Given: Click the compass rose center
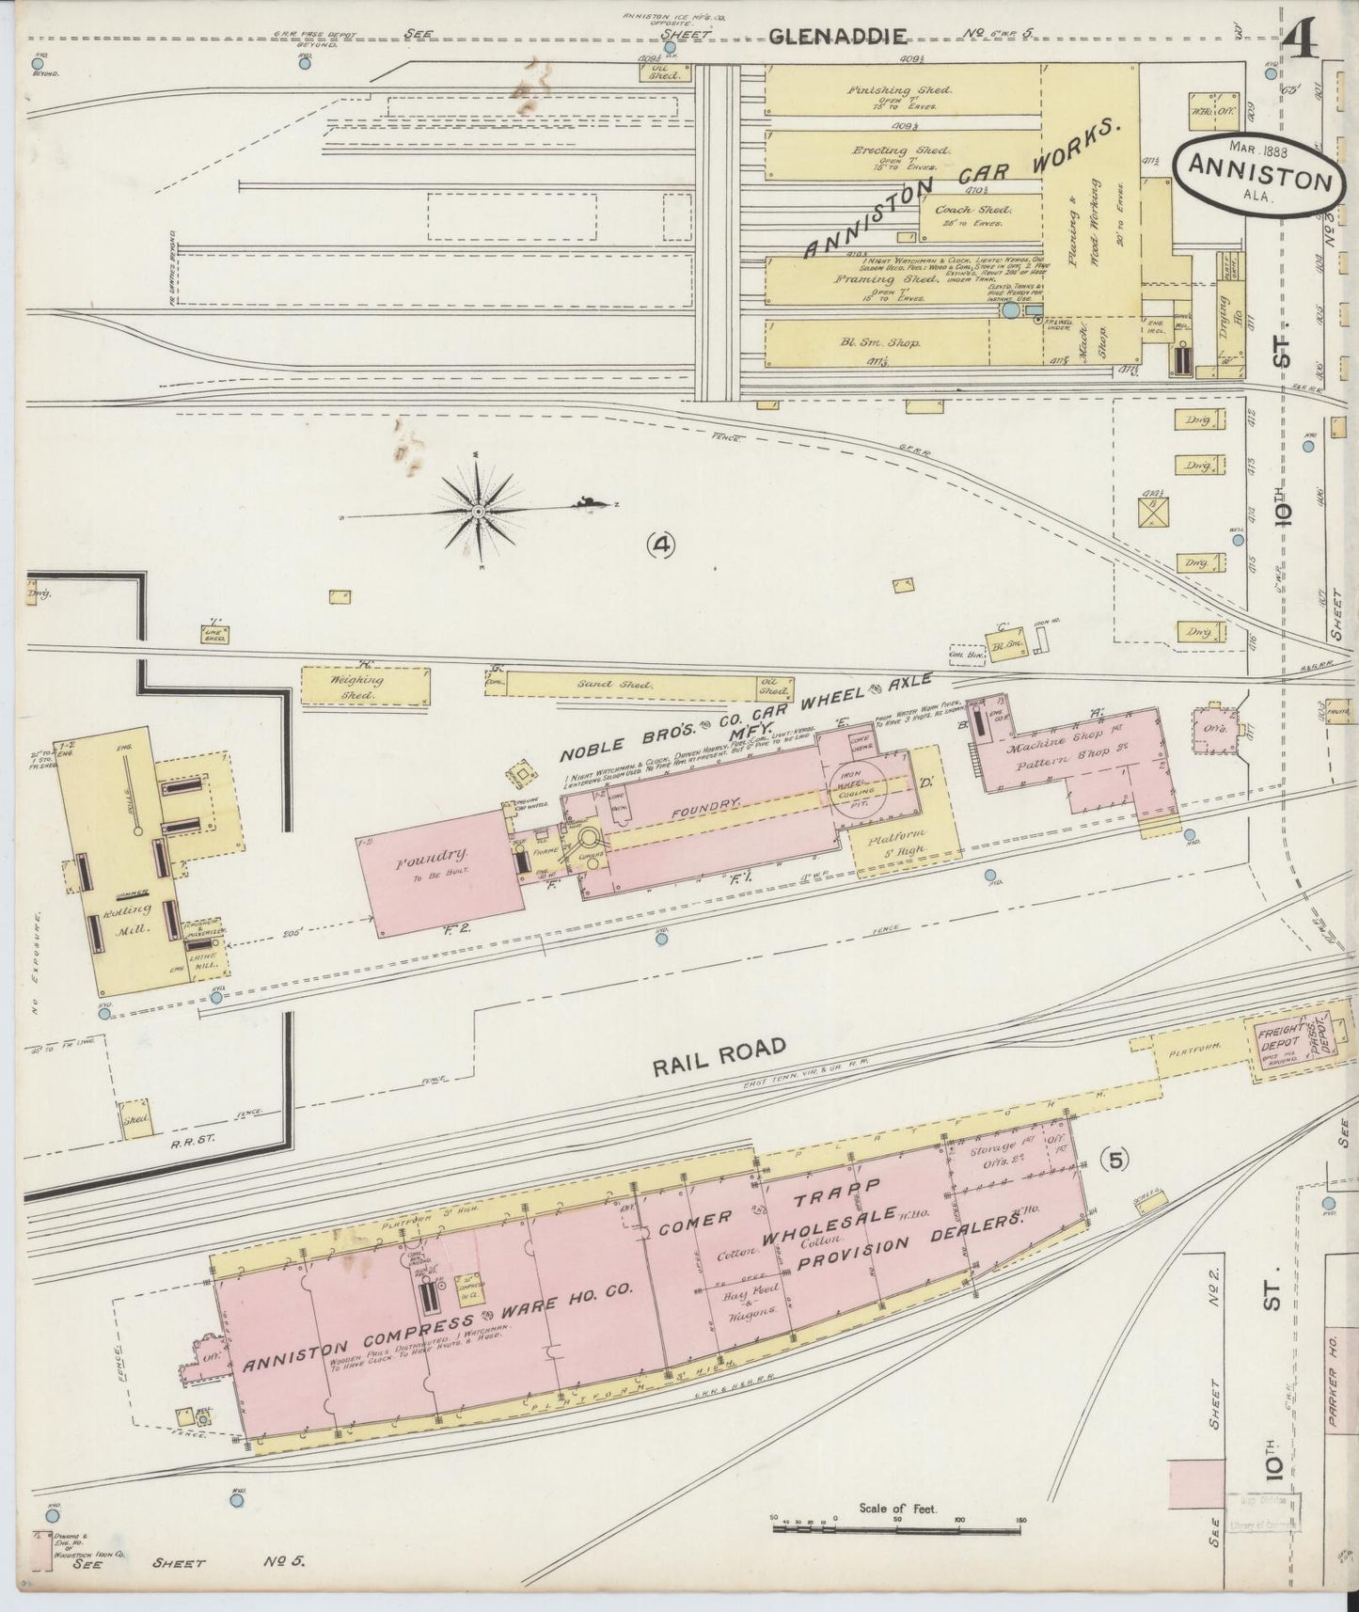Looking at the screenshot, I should pyautogui.click(x=478, y=511).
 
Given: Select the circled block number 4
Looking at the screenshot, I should pyautogui.click(x=662, y=543).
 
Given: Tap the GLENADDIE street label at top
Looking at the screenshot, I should pyautogui.click(x=839, y=36).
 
